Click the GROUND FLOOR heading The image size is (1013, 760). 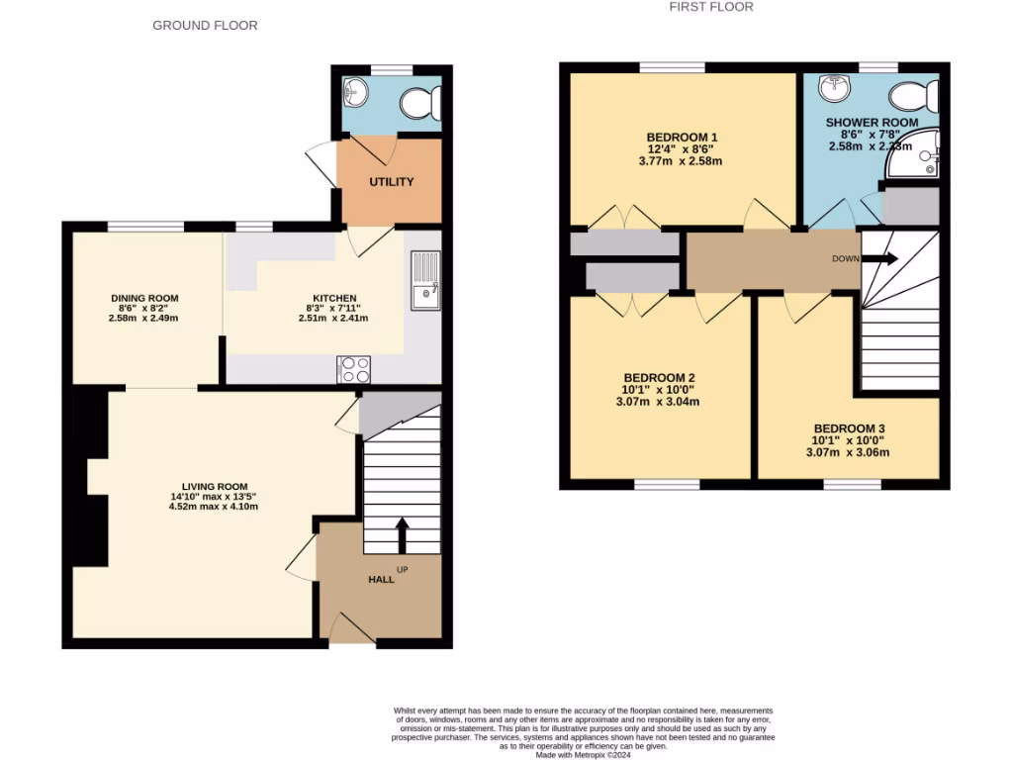click(205, 25)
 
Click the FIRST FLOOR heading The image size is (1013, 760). click(710, 7)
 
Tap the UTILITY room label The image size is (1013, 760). click(392, 182)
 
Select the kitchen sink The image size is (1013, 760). click(425, 278)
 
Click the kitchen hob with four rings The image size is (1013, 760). click(354, 369)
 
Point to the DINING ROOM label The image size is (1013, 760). click(144, 297)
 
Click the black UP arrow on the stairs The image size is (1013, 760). click(402, 534)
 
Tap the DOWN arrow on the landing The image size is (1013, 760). click(882, 259)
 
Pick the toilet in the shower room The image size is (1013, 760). click(914, 96)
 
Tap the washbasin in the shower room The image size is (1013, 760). click(835, 87)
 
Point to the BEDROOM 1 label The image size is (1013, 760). click(682, 137)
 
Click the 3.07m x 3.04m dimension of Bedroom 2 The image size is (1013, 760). click(659, 402)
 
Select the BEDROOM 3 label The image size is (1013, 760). click(851, 428)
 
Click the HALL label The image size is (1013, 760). click(381, 579)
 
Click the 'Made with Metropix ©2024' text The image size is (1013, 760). click(583, 754)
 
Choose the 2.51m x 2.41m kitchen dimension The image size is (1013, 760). click(333, 319)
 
